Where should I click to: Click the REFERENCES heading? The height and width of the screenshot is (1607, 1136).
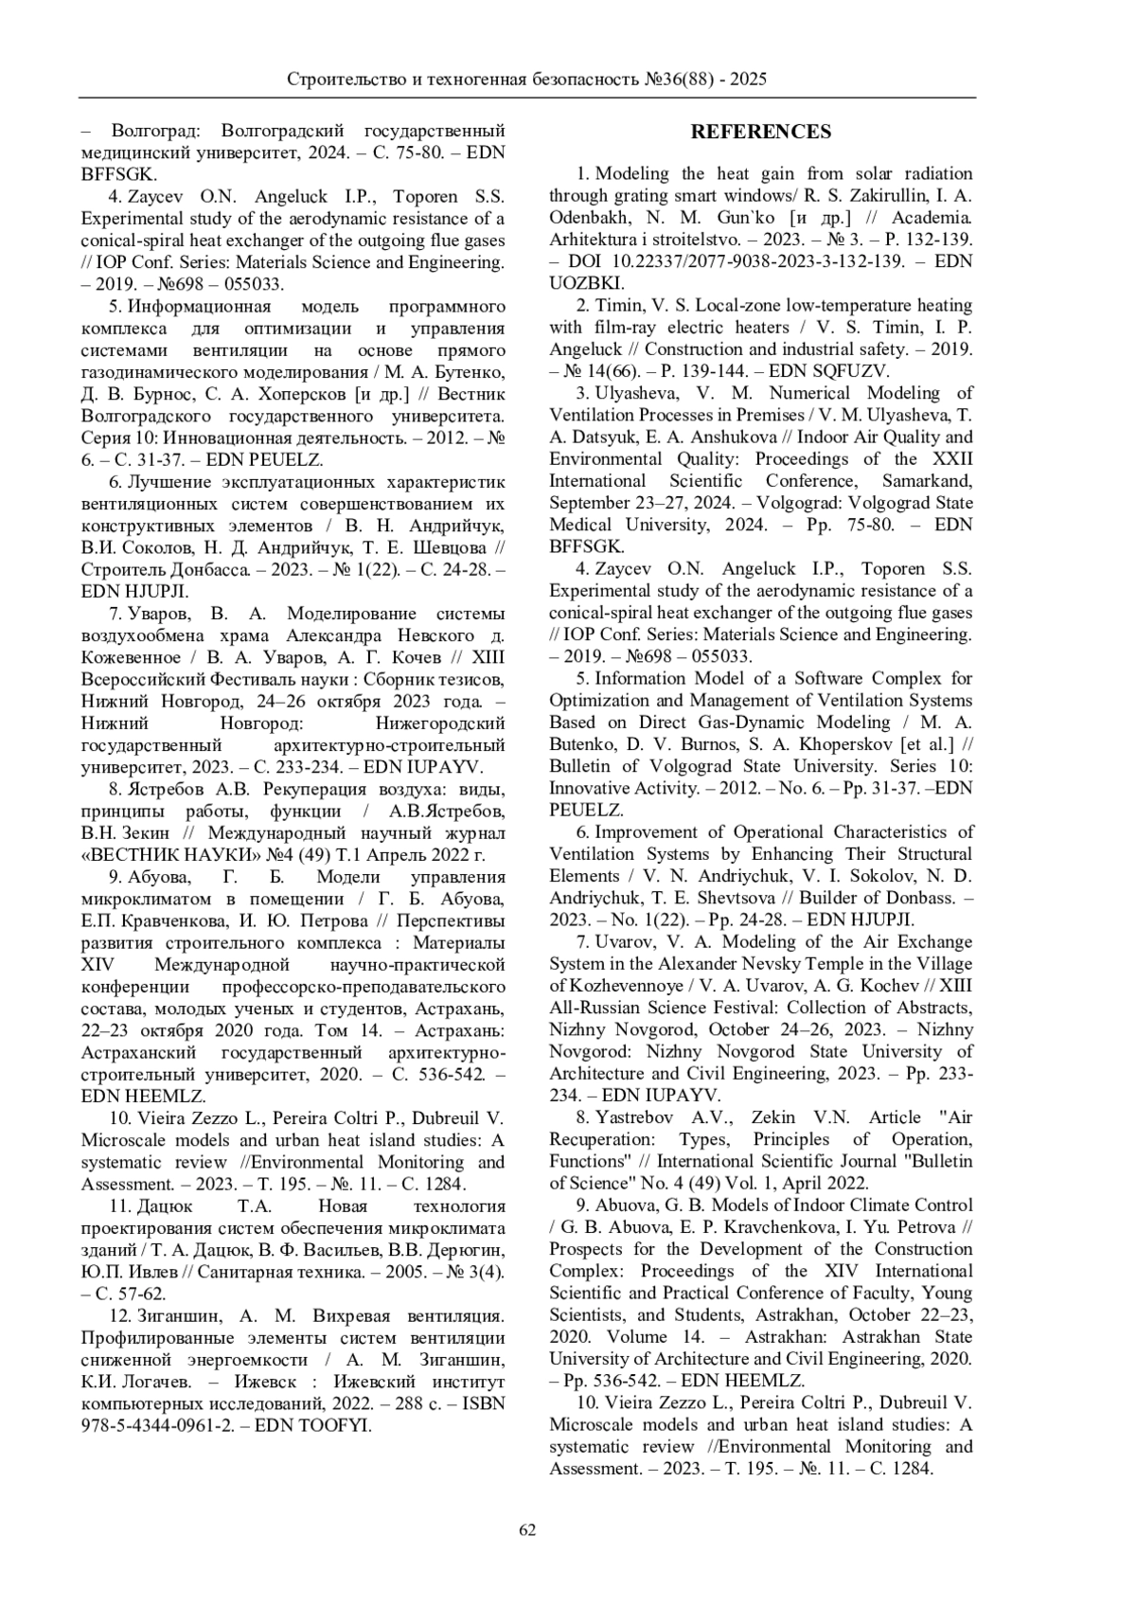[x=760, y=132]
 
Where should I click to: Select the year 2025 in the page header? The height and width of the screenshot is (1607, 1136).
[x=747, y=80]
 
